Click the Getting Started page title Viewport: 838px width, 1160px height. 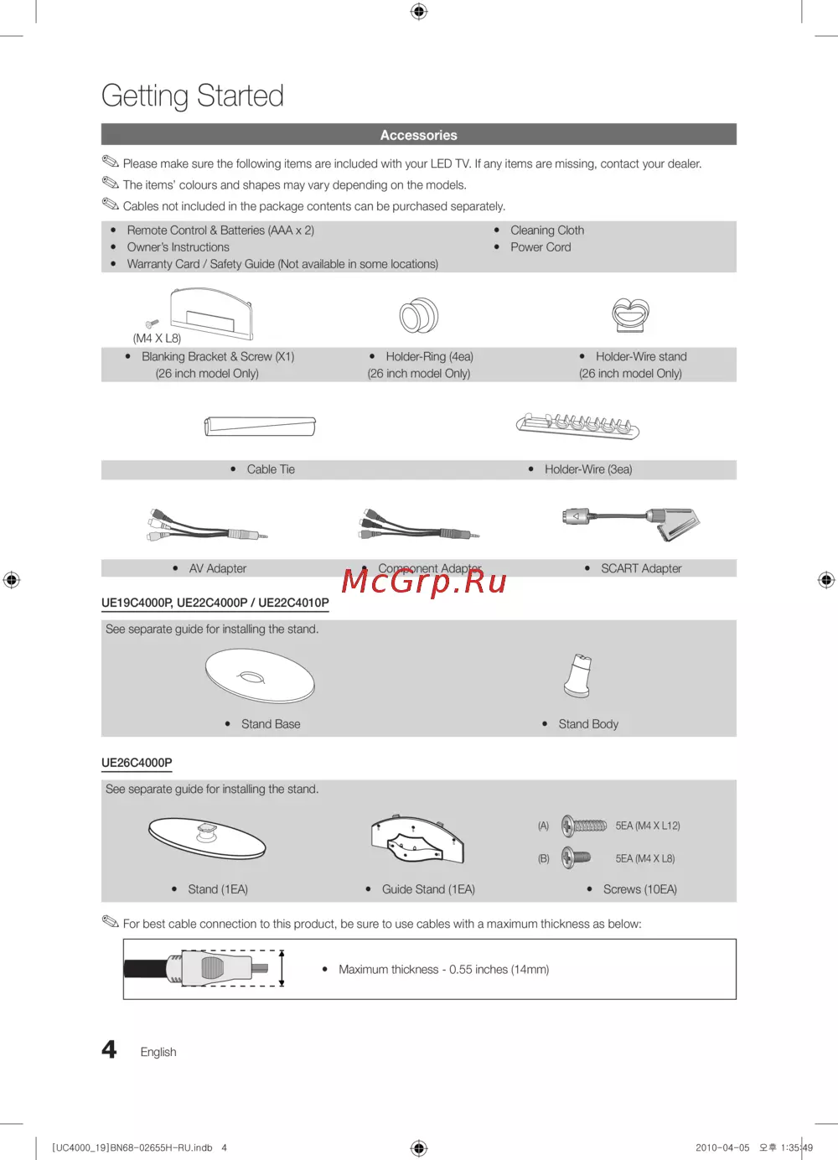coord(193,96)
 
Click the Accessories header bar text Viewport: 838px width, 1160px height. coord(419,135)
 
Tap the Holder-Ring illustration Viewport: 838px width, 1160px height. coord(419,316)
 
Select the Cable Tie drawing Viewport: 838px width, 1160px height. coord(261,426)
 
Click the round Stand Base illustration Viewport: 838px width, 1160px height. coord(260,676)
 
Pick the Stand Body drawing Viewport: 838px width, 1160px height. coord(578,676)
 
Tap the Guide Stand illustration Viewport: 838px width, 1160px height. coord(417,840)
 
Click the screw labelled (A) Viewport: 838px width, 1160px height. coord(584,826)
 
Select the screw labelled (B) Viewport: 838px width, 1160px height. coord(576,857)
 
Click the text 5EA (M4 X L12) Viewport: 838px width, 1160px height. coord(648,826)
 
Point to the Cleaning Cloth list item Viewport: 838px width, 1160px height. coord(547,230)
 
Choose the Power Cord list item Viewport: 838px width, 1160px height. coord(541,247)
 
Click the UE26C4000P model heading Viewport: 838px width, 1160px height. coord(137,763)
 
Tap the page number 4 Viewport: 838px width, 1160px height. coord(110,1049)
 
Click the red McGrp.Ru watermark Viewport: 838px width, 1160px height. coord(424,581)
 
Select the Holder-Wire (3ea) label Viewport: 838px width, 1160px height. coord(588,469)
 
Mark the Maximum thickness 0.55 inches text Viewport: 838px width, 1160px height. coord(443,970)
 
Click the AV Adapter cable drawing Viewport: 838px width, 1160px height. coord(206,525)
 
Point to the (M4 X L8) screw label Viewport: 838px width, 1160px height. coord(157,339)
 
